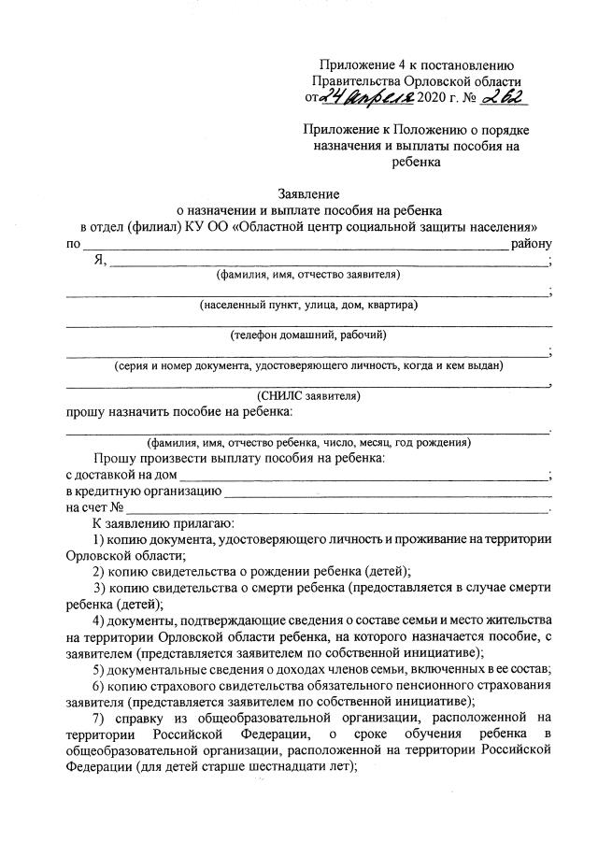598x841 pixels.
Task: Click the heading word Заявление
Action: (x=310, y=194)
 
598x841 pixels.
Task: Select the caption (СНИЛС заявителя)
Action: (x=308, y=395)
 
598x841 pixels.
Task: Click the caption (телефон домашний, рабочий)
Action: (x=307, y=335)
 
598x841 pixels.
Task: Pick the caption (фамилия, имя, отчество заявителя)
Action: (x=307, y=275)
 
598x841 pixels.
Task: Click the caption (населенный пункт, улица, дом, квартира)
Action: (x=307, y=305)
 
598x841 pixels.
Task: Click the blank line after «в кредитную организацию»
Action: (x=388, y=491)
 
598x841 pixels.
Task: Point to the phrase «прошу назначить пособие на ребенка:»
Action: (x=179, y=411)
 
